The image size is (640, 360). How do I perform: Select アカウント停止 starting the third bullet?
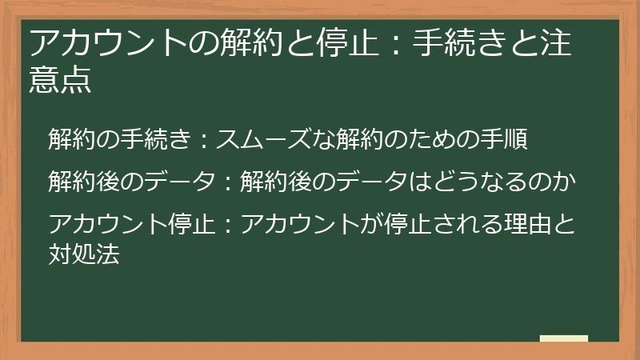131,219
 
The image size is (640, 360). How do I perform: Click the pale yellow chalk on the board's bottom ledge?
563,339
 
